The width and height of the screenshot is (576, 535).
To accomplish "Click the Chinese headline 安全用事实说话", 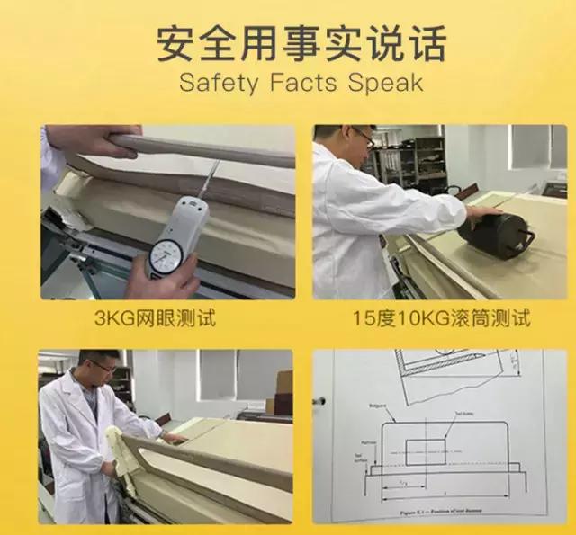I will tap(301, 42).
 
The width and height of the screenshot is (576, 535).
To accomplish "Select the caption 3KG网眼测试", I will tap(167, 318).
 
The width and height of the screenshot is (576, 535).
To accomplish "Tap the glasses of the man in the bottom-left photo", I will tap(101, 370).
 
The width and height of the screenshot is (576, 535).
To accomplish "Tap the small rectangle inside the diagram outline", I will tap(425, 451).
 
